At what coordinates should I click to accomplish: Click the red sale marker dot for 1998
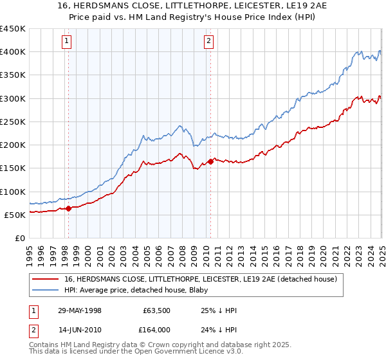pos(68,208)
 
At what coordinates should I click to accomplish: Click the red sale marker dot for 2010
pos(210,161)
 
